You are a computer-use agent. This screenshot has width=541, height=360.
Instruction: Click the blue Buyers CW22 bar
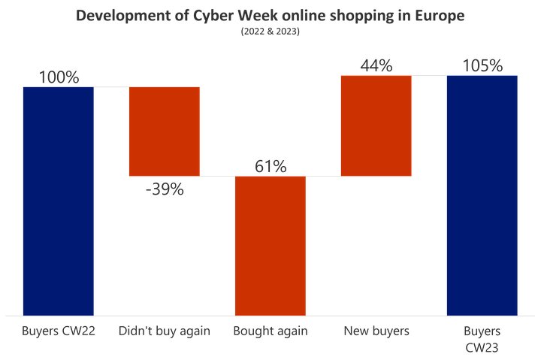tap(59, 201)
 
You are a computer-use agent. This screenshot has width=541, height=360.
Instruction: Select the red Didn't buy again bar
tap(165, 132)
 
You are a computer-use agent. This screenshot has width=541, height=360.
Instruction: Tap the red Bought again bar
tap(270, 246)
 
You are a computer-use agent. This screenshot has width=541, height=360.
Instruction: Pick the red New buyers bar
tap(376, 126)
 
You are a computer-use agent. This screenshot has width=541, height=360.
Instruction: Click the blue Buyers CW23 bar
tap(482, 195)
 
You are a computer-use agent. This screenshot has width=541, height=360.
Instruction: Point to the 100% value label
tap(59, 77)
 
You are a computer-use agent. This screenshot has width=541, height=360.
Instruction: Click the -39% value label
tap(165, 189)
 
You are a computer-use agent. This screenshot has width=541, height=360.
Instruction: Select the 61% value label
tap(270, 166)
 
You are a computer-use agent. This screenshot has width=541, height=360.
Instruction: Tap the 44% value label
tap(376, 65)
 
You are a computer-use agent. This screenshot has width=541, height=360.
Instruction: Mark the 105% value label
tap(482, 65)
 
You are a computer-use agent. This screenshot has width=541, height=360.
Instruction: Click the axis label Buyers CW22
tap(59, 331)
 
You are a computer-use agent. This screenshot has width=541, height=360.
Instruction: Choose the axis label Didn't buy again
tap(165, 331)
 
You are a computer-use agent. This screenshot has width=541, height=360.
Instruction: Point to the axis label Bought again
tap(270, 331)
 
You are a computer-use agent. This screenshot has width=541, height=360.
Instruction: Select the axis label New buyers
tap(376, 331)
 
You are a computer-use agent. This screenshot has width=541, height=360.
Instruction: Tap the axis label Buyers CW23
tap(482, 339)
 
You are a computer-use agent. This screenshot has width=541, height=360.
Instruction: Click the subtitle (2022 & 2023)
tap(270, 32)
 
